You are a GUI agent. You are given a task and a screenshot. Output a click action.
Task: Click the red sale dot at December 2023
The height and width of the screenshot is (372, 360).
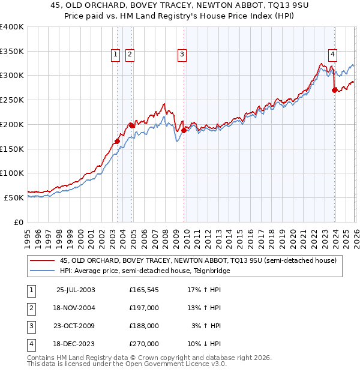pos(335,90)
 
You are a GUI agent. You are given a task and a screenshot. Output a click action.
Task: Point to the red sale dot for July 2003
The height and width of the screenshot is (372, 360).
pos(118,141)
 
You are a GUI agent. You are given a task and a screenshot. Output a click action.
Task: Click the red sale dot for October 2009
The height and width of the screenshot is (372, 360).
pos(184,130)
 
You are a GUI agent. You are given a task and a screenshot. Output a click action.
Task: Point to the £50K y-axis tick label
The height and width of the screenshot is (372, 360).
pos(14,197)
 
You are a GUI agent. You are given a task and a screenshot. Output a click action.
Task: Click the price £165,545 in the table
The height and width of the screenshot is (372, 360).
pos(143,290)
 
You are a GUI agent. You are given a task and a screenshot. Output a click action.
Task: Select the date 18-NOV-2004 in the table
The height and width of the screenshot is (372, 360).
pos(76,308)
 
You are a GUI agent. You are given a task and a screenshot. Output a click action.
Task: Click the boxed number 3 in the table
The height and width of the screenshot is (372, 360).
pos(31,326)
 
